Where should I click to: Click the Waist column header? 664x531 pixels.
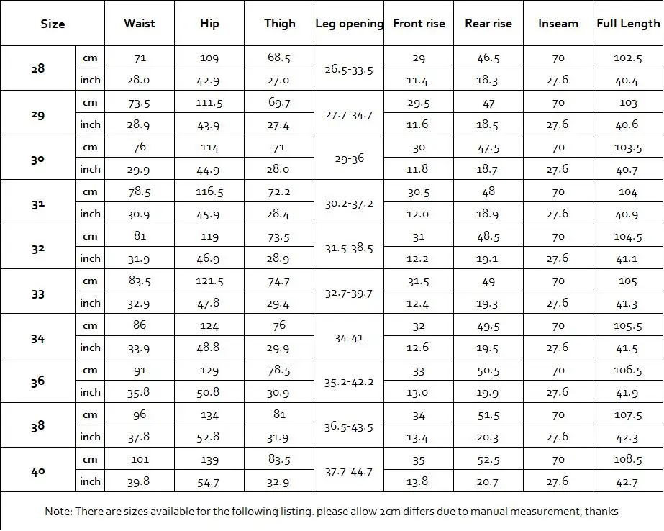140,23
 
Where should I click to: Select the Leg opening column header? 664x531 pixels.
350,23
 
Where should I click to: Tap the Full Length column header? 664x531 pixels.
628,23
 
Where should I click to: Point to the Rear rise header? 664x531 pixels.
488,23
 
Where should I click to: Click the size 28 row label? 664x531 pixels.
37,68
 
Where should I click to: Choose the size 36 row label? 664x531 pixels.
37,381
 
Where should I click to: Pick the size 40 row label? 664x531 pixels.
37,470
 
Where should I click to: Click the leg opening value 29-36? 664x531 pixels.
350,158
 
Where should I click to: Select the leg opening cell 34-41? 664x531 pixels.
350,337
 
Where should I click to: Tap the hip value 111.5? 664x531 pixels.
209,103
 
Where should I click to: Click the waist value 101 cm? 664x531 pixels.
140,459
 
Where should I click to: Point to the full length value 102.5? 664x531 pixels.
628,58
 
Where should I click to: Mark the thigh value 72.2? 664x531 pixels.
279,192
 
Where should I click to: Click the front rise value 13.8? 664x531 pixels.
419,481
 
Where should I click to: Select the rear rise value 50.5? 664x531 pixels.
488,371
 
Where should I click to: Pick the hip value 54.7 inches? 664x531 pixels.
209,481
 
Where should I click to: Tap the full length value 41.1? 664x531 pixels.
628,258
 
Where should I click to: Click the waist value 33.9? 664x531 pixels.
140,348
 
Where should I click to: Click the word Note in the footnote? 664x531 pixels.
58,512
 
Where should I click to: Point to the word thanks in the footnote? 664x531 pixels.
601,512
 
